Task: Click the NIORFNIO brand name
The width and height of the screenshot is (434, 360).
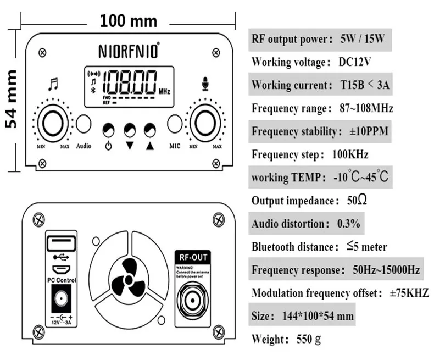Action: point(128,51)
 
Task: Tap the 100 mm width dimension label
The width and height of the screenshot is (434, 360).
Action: point(129,21)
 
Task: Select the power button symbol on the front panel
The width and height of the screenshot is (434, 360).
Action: point(109,146)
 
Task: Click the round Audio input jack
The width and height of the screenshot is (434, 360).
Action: point(84,124)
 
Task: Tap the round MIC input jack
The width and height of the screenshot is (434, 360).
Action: point(175,124)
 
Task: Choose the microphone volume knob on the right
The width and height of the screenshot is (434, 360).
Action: point(205,123)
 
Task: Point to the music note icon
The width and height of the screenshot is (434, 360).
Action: point(53,84)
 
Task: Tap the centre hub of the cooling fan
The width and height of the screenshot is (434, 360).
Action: point(128,280)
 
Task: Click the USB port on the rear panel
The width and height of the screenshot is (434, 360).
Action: point(58,242)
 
